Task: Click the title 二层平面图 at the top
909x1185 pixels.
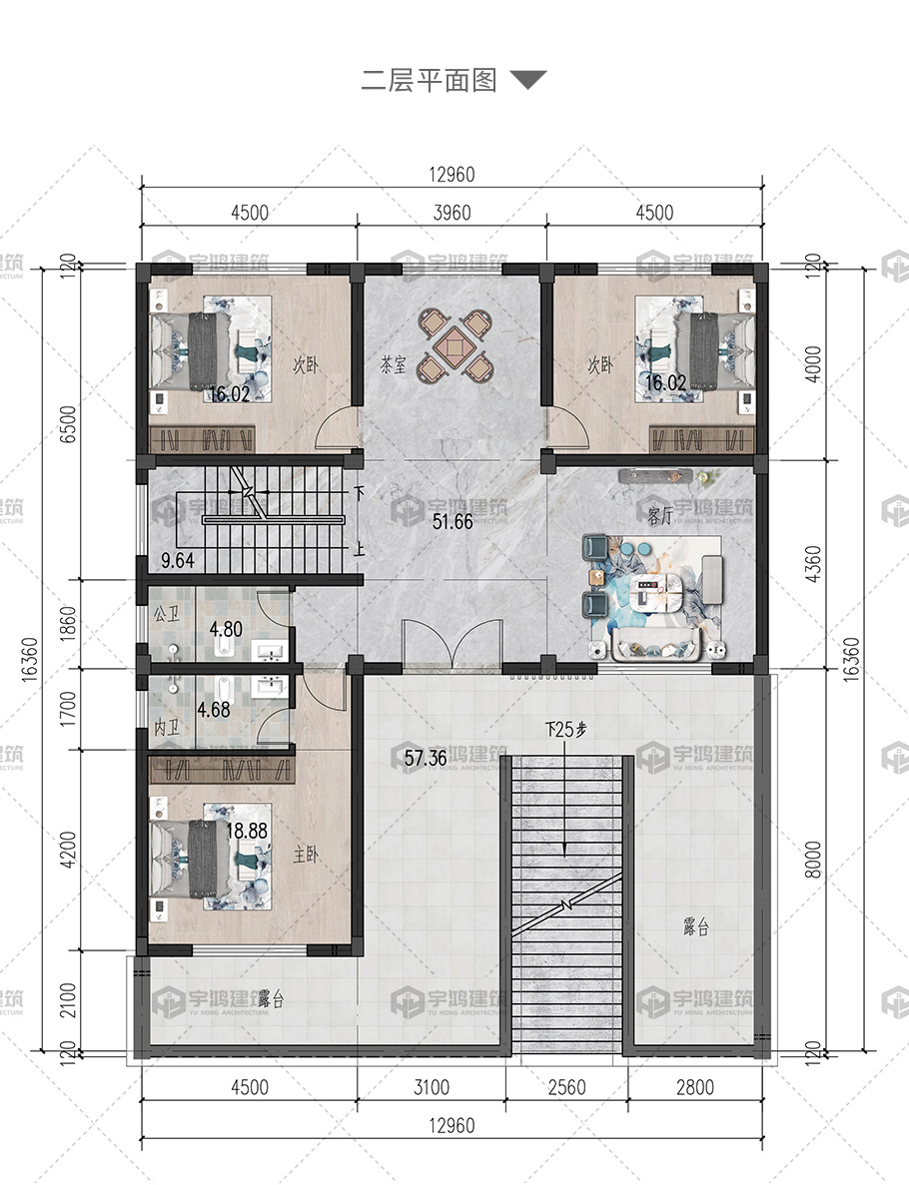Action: click(429, 80)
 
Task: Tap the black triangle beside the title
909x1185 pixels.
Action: click(527, 79)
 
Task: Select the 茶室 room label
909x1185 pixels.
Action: click(394, 366)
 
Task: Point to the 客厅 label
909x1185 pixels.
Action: click(660, 516)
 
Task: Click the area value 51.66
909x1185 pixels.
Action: click(453, 521)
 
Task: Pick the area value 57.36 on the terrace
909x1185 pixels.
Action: click(426, 758)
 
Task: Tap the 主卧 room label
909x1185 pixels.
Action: click(306, 855)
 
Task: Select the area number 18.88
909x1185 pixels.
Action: click(247, 831)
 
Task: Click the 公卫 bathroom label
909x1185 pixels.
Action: click(167, 613)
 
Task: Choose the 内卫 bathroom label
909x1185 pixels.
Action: click(167, 728)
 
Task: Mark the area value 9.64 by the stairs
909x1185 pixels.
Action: click(178, 560)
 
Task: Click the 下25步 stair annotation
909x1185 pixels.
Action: click(565, 730)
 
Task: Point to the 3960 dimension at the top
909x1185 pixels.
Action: click(453, 213)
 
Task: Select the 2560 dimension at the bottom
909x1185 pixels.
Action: click(566, 1087)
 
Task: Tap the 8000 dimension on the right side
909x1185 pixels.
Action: click(813, 860)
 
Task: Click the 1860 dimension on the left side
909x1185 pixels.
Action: click(68, 624)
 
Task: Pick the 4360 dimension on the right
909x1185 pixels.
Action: click(813, 564)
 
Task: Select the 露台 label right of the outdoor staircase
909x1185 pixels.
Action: click(696, 927)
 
